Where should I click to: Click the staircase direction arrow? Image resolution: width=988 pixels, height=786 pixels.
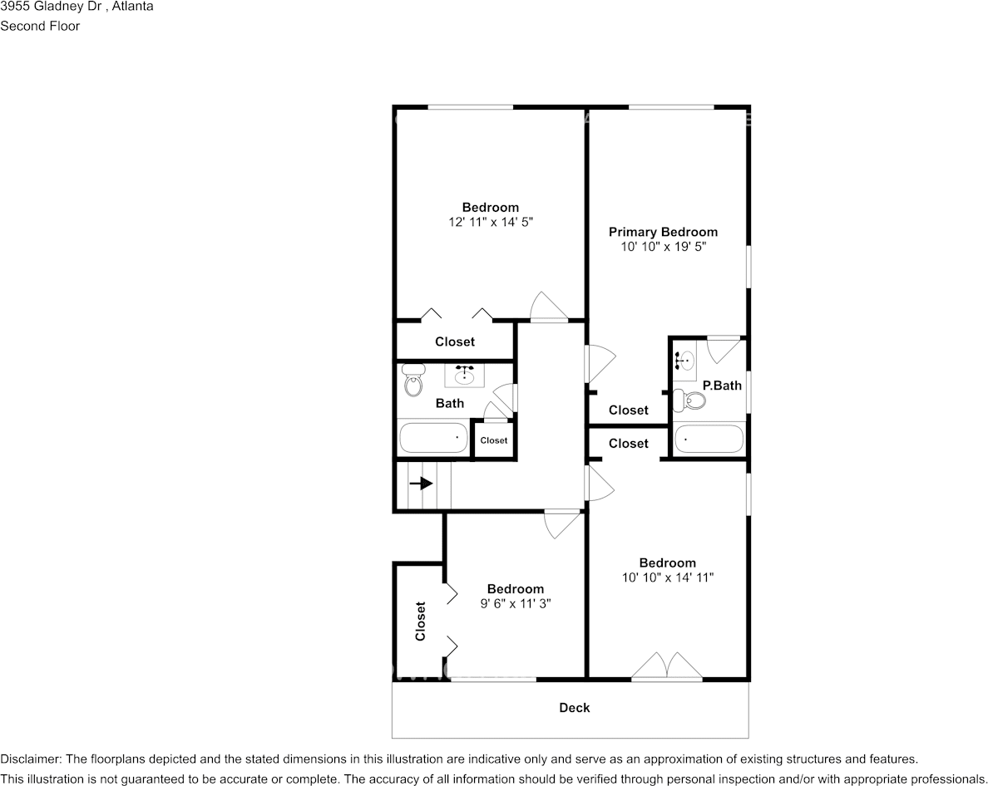pyautogui.click(x=422, y=483)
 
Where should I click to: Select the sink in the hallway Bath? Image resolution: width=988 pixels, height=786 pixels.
pyautogui.click(x=464, y=376)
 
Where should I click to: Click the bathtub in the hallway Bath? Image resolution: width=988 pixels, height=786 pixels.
pyautogui.click(x=433, y=438)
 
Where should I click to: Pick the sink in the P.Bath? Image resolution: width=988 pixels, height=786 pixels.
pyautogui.click(x=685, y=361)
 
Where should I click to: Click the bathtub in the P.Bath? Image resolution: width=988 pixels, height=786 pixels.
pyautogui.click(x=709, y=439)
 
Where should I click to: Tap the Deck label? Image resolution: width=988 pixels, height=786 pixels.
pyautogui.click(x=574, y=708)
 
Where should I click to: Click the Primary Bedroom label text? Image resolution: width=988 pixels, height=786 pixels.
pyautogui.click(x=663, y=232)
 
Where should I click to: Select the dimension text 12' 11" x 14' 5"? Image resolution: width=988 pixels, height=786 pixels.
pyautogui.click(x=491, y=223)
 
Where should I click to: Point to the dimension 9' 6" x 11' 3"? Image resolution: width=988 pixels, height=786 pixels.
pyautogui.click(x=516, y=604)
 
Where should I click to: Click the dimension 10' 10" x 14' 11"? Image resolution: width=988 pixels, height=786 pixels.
pyautogui.click(x=667, y=577)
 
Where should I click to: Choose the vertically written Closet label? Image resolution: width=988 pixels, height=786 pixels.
pyautogui.click(x=421, y=621)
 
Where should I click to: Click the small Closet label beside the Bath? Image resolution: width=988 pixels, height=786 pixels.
pyautogui.click(x=493, y=440)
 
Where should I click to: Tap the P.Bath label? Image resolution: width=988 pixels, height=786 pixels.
pyautogui.click(x=722, y=386)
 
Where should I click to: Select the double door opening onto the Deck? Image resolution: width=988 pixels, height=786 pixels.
pyautogui.click(x=667, y=668)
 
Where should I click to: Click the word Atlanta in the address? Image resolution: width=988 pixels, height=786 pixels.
pyautogui.click(x=131, y=7)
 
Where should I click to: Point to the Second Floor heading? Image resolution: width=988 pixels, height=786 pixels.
pyautogui.click(x=40, y=26)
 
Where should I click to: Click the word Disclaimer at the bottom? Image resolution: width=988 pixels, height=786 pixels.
pyautogui.click(x=30, y=759)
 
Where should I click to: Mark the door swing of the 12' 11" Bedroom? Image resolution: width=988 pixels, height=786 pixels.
pyautogui.click(x=548, y=306)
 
